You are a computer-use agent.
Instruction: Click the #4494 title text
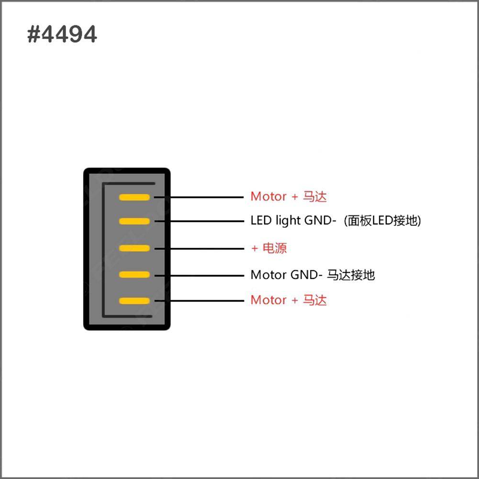[x=62, y=34]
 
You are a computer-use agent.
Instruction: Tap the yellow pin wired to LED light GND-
[x=134, y=221]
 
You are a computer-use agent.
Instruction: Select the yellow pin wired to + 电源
[x=134, y=248]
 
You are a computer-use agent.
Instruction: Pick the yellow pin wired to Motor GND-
[x=134, y=275]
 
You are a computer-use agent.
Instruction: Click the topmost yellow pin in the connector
[x=134, y=197]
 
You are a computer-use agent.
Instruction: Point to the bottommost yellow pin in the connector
[x=134, y=301]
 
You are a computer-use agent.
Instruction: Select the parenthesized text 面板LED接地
[x=382, y=221]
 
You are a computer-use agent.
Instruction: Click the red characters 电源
[x=275, y=248]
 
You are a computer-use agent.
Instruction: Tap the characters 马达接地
[x=351, y=275]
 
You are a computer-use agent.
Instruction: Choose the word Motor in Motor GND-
[x=268, y=275]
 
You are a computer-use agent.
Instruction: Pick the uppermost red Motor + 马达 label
[x=289, y=197]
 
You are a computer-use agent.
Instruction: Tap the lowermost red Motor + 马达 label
[x=289, y=300]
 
